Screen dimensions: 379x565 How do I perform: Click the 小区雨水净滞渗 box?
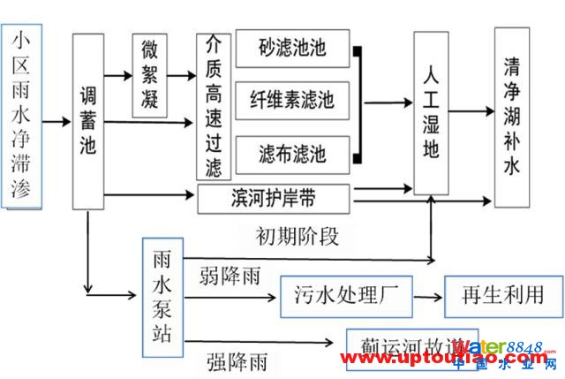coord(21,116)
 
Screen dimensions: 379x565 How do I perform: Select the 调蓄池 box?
coord(87,122)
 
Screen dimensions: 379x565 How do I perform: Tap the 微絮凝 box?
coord(149,76)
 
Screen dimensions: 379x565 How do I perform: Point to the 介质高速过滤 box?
coord(213,106)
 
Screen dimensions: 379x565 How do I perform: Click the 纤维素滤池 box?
coord(292,101)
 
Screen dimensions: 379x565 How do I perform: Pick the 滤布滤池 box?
coord(292,154)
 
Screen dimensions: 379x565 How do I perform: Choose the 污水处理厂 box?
coord(346,295)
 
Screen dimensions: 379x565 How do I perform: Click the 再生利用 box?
coord(503,295)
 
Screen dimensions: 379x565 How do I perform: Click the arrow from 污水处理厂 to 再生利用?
coord(428,297)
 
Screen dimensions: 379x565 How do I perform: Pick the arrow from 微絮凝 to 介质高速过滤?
coord(183,77)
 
